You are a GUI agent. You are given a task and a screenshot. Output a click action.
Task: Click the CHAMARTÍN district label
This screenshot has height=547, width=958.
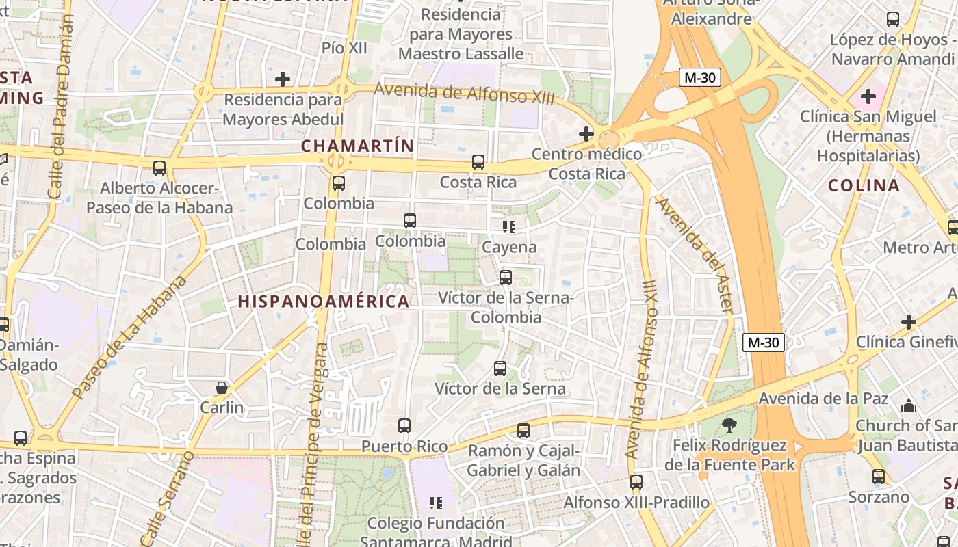pyautogui.click(x=357, y=146)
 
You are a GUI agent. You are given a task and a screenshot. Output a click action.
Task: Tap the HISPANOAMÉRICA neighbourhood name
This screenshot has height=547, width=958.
pyautogui.click(x=324, y=302)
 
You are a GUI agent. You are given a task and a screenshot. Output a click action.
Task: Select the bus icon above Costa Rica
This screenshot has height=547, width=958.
pyautogui.click(x=478, y=162)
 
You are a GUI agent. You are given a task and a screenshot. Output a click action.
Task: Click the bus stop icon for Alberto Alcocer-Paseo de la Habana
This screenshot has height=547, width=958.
pyautogui.click(x=159, y=168)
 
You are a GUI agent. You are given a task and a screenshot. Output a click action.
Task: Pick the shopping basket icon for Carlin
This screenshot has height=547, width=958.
pyautogui.click(x=222, y=388)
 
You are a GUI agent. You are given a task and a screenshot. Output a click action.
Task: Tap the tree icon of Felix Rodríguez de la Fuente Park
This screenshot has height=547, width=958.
pyautogui.click(x=729, y=425)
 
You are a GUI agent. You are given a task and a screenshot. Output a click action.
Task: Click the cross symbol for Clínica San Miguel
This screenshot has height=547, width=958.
pyautogui.click(x=868, y=96)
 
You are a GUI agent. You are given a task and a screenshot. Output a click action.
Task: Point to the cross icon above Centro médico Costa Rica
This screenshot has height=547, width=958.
pyautogui.click(x=586, y=133)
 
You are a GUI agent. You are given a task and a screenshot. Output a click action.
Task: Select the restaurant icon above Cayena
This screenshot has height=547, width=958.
pyautogui.click(x=509, y=226)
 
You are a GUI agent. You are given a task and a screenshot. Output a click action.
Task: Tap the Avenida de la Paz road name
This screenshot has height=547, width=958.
pyautogui.click(x=823, y=398)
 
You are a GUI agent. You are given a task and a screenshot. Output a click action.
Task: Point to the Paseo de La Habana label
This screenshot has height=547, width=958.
pyautogui.click(x=129, y=337)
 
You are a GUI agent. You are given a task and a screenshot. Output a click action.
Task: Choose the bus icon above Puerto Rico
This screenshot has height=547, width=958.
pyautogui.click(x=404, y=426)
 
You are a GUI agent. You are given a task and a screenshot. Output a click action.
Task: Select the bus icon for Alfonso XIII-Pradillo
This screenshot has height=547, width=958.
pyautogui.click(x=636, y=482)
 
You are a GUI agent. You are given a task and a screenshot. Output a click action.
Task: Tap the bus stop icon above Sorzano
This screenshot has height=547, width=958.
pyautogui.click(x=879, y=477)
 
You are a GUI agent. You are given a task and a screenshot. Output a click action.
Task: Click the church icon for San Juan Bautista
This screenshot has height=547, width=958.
pyautogui.click(x=908, y=405)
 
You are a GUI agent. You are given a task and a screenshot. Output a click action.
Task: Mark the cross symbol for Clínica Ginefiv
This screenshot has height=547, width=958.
pyautogui.click(x=909, y=321)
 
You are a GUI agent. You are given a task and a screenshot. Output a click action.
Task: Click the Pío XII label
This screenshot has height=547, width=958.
pyautogui.click(x=344, y=48)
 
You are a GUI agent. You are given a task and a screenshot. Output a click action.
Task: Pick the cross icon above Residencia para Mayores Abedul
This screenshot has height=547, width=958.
pyautogui.click(x=283, y=79)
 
